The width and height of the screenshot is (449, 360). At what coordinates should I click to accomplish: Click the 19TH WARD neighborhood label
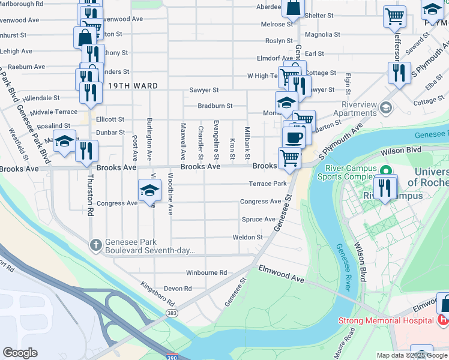click(x=133, y=86)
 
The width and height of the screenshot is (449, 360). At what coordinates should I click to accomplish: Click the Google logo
click(x=20, y=353)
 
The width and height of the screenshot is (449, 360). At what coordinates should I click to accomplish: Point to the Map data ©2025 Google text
click(x=411, y=355)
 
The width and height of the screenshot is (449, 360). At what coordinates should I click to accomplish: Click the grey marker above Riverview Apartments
click(x=386, y=108)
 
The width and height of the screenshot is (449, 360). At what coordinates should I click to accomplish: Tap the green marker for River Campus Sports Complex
click(x=388, y=170)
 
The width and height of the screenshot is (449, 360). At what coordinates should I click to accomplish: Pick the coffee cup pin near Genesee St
click(x=294, y=137)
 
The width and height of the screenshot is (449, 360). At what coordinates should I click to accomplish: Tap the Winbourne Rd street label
click(x=206, y=272)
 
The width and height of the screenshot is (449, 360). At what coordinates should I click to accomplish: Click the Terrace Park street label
click(x=268, y=184)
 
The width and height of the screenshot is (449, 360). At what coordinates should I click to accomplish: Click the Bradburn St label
click(x=215, y=106)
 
